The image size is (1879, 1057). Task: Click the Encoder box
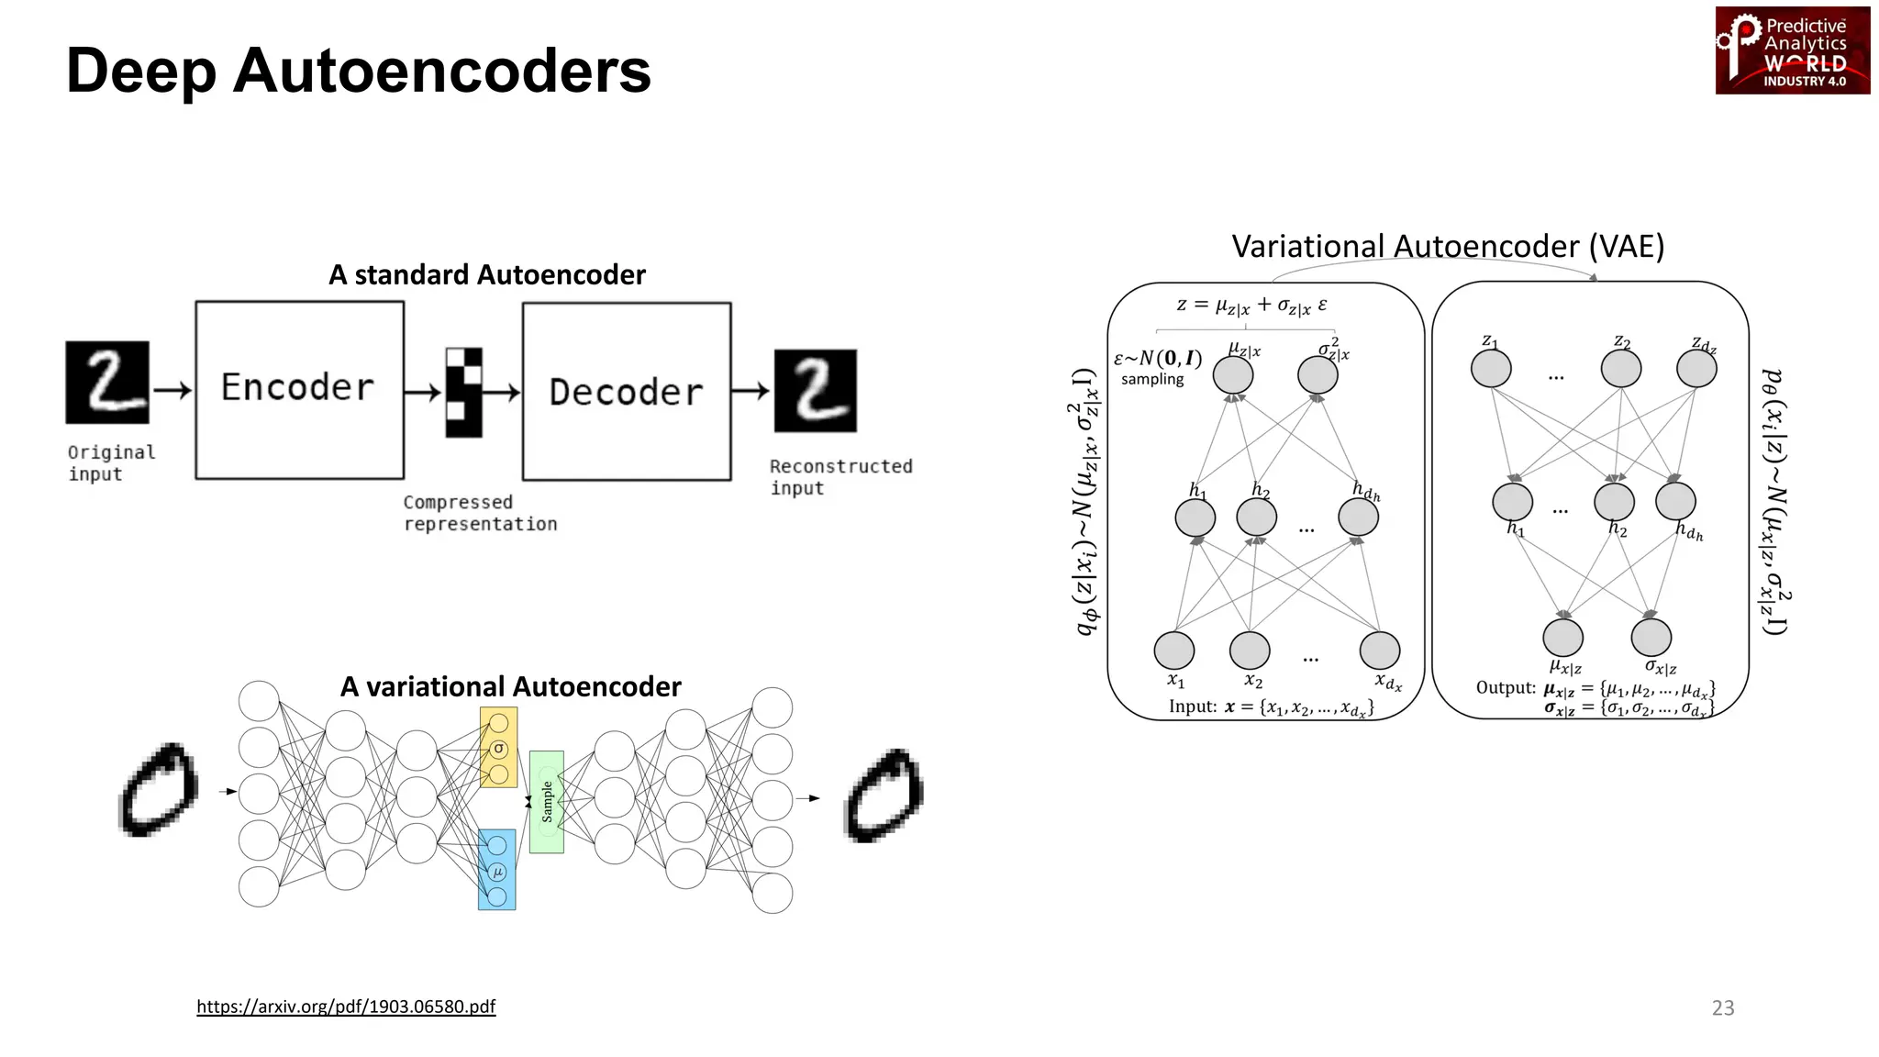[299, 390]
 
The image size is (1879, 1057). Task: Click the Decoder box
[627, 392]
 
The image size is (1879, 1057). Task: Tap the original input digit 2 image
[107, 382]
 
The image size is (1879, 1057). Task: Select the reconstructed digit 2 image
[816, 390]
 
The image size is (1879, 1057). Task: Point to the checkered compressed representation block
[463, 392]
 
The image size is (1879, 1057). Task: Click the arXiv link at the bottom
[346, 1007]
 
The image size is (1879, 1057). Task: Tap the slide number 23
[1722, 1007]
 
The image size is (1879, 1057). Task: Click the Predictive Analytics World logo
[1792, 51]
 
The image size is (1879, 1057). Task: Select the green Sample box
[547, 802]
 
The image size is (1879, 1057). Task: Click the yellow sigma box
[498, 748]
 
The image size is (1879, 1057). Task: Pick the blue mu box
[496, 870]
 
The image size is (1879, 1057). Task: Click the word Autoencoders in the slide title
[441, 71]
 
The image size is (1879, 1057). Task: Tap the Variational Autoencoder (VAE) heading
[1447, 246]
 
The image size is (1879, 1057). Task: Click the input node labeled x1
[1173, 650]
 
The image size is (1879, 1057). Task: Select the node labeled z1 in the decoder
[1490, 368]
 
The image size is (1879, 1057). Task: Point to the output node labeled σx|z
[1651, 637]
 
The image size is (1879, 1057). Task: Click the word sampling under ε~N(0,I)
[1151, 379]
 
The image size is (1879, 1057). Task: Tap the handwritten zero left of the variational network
[159, 790]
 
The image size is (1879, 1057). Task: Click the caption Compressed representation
[480, 513]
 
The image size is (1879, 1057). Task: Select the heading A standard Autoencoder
[486, 274]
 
